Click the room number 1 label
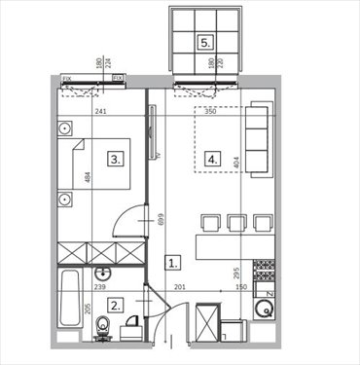coord(172,262)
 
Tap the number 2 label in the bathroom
coord(116,305)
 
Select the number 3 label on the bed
coord(115,158)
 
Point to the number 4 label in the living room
coord(213,159)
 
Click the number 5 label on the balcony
coord(204,42)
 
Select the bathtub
coord(68,303)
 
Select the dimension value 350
coord(210,111)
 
